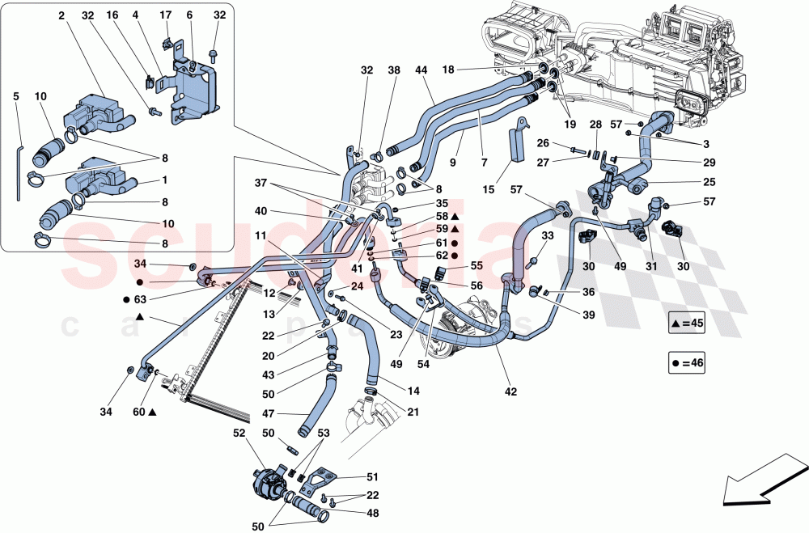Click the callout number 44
tap(421, 71)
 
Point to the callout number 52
tap(239, 434)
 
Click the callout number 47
tap(267, 412)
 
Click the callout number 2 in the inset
tap(61, 15)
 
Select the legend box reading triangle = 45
tap(688, 324)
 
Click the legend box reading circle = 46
tap(688, 363)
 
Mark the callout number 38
tap(395, 71)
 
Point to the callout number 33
tap(547, 236)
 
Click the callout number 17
tap(166, 15)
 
